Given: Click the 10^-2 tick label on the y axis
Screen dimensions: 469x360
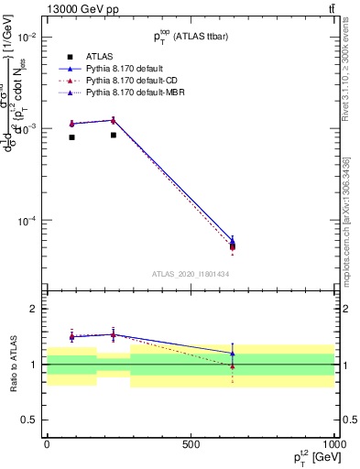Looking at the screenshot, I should point(27,37).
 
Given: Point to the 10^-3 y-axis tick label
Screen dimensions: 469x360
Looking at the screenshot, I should point(27,129).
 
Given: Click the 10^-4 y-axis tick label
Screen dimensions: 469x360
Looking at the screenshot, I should point(27,222).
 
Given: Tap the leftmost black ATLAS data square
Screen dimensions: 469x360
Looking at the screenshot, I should point(71,137).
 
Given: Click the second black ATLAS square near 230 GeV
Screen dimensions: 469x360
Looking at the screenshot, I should point(113,135).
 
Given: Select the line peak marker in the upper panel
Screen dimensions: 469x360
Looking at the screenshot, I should point(113,120).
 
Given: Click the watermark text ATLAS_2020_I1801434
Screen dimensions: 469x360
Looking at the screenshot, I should point(191,274).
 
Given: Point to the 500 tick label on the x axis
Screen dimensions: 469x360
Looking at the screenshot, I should point(191,444).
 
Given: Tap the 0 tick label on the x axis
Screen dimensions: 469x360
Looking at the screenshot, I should point(47,444).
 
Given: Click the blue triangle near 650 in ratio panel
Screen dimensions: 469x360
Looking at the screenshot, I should point(233,354).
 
